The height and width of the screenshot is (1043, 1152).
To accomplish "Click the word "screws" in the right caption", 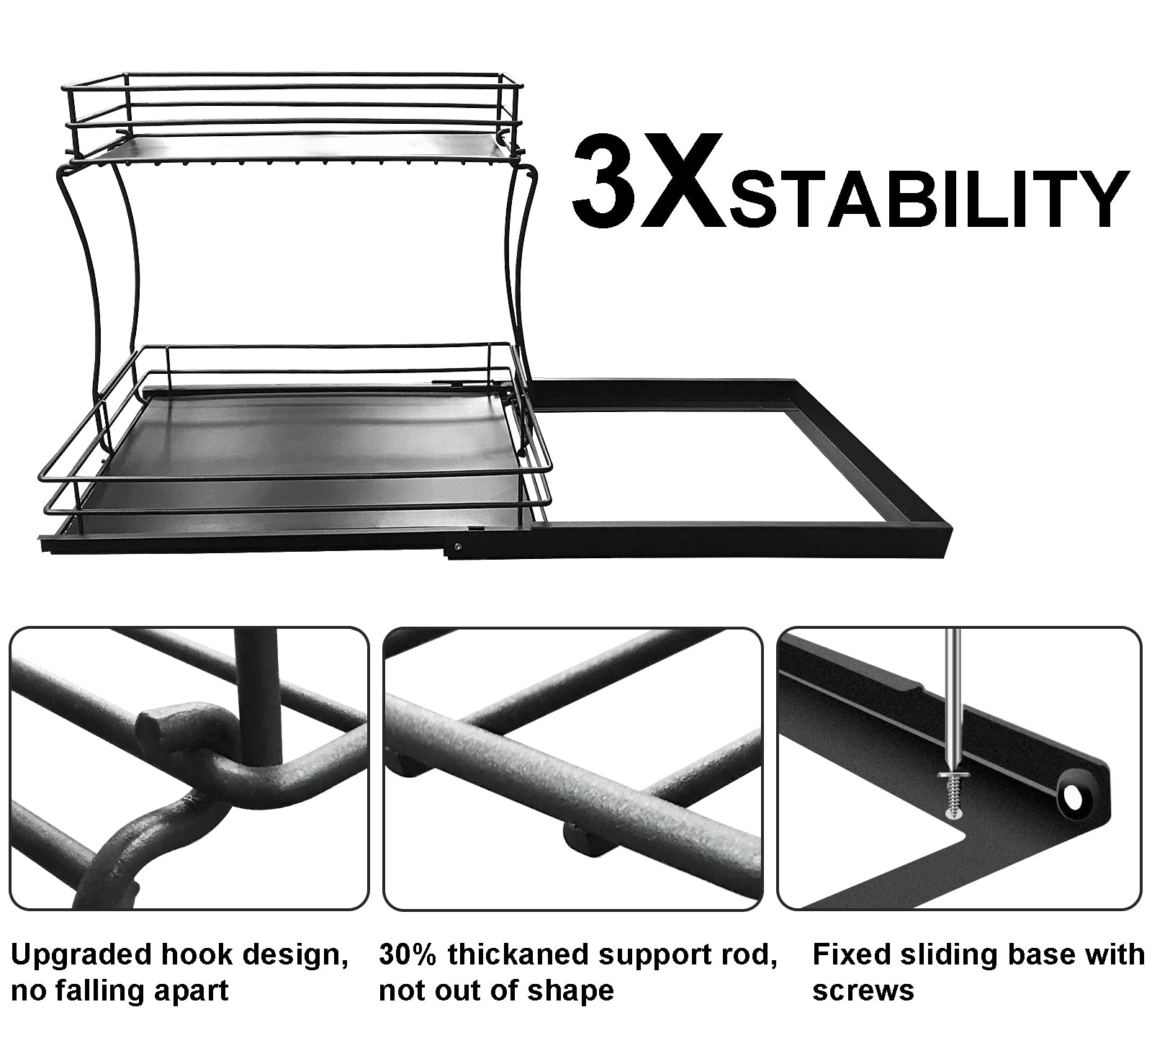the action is (863, 990).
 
